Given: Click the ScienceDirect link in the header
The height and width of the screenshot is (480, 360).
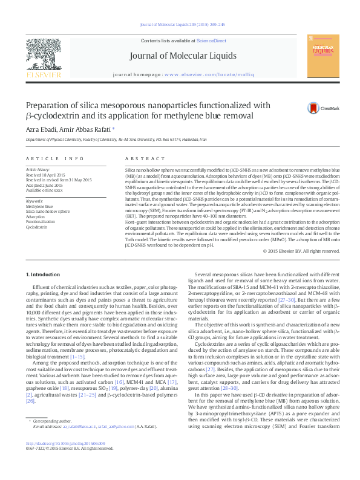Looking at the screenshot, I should click(212, 41).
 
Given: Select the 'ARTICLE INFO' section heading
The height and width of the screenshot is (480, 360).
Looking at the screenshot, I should click(54, 158).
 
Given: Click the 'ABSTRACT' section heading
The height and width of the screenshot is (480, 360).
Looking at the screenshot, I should click(136, 158).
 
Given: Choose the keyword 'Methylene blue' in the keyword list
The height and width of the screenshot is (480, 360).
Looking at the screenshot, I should click(39, 206).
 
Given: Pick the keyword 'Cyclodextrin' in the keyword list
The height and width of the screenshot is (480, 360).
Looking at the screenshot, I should click(36, 227).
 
